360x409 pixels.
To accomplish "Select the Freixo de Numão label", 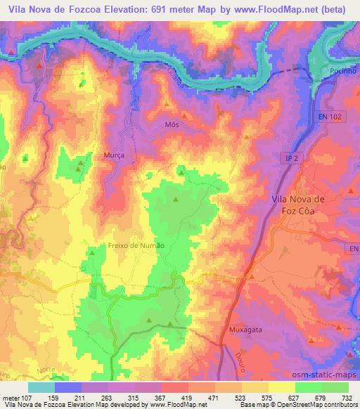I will coord(136,245).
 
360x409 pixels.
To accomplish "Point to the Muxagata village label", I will coord(245,328).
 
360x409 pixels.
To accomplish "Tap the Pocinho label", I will coord(343,72).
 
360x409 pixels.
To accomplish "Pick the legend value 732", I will coord(349,397).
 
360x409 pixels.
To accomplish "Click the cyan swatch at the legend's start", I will coord(41,387).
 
